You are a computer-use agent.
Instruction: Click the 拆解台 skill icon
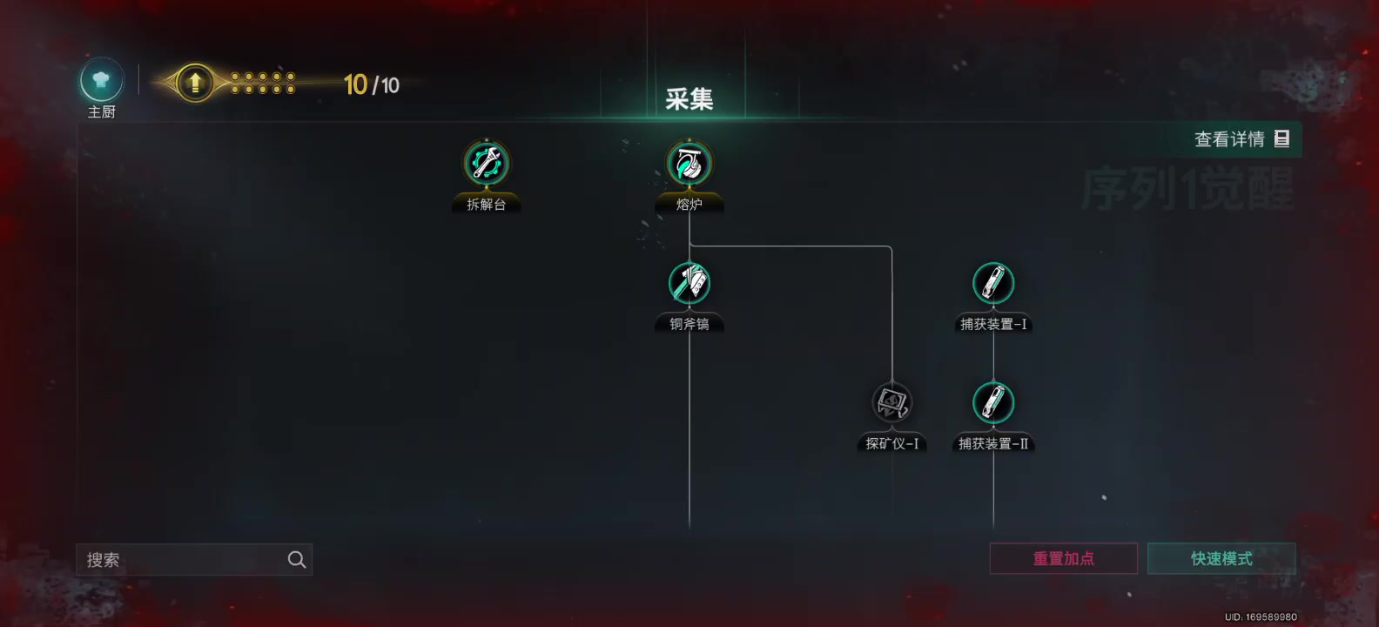pyautogui.click(x=486, y=163)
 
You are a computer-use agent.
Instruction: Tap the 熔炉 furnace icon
pyautogui.click(x=689, y=163)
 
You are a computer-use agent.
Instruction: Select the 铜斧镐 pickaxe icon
pyautogui.click(x=689, y=283)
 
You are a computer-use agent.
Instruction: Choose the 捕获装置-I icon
pyautogui.click(x=993, y=283)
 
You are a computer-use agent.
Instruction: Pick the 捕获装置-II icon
pyautogui.click(x=993, y=402)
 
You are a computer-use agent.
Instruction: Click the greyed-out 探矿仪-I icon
pyautogui.click(x=891, y=402)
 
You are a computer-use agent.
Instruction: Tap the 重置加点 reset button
pyautogui.click(x=1063, y=559)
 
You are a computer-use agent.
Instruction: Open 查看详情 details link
pyautogui.click(x=1241, y=139)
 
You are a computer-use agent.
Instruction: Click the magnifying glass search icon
pyautogui.click(x=297, y=560)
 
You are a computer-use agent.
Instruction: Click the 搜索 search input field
pyautogui.click(x=178, y=560)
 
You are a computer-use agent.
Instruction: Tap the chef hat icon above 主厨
pyautogui.click(x=101, y=81)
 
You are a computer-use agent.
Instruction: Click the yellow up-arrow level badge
pyautogui.click(x=195, y=84)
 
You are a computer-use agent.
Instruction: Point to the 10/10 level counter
pyautogui.click(x=372, y=85)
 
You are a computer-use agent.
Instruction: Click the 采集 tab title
pyautogui.click(x=689, y=99)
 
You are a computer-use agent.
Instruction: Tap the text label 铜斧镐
pyautogui.click(x=689, y=324)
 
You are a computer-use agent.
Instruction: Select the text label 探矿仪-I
pyautogui.click(x=891, y=444)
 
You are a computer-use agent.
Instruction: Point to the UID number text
pyautogui.click(x=1261, y=617)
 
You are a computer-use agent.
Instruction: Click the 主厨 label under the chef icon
pyautogui.click(x=101, y=112)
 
